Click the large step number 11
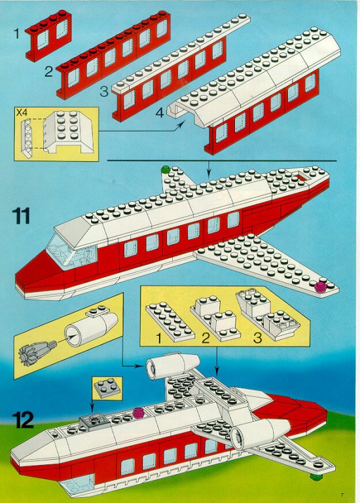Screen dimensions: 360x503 21,215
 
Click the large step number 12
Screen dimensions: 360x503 23,420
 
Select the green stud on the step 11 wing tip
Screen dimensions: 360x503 166,169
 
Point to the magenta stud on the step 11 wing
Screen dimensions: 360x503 319,287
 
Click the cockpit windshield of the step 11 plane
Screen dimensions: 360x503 71,251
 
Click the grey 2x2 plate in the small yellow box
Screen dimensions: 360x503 108,388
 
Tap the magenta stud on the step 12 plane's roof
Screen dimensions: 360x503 138,411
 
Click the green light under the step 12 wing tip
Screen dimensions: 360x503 316,477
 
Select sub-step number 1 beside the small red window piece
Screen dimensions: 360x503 16,33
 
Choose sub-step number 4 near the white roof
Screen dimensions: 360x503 160,112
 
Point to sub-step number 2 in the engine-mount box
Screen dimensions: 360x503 206,338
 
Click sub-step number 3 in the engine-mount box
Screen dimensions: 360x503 257,338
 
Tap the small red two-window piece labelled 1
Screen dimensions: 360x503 48,35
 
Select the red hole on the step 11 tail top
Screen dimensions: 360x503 302,177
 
